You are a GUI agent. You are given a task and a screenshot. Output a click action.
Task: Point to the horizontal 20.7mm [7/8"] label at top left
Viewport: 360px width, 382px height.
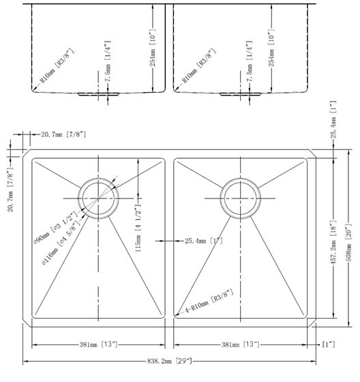point(63,136)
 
